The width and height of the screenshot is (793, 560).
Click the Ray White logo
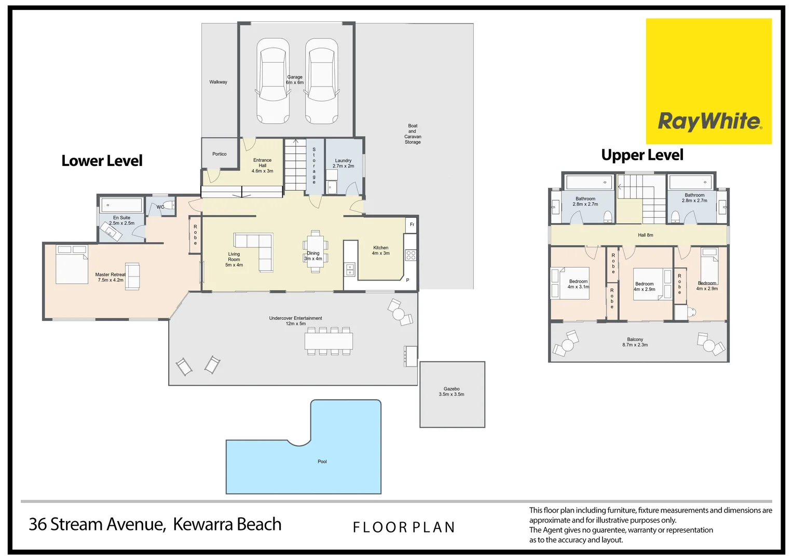coord(708,81)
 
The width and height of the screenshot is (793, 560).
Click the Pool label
coord(322,461)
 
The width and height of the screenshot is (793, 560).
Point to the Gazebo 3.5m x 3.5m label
coord(452,391)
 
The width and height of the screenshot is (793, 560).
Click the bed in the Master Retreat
coord(72,265)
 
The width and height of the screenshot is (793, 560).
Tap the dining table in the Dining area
coord(315,251)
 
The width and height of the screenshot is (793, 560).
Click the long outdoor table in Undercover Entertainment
coord(329,341)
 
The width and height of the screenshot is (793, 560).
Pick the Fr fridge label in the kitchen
coord(412,225)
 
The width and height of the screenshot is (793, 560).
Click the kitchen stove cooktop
coord(411,255)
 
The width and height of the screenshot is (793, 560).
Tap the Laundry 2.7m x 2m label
coord(343,163)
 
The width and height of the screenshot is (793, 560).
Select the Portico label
coord(219,154)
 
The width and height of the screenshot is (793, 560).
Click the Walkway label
coord(218,82)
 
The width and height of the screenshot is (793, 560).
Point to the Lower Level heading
coord(102,161)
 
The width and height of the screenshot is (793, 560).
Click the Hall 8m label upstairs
coord(645,235)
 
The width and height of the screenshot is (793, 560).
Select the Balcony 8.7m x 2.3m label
coord(635,342)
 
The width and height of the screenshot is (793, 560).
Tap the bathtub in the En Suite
coord(121,205)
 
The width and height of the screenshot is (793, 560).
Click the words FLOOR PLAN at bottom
coord(404,527)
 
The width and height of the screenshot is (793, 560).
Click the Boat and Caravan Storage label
coord(413,134)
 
